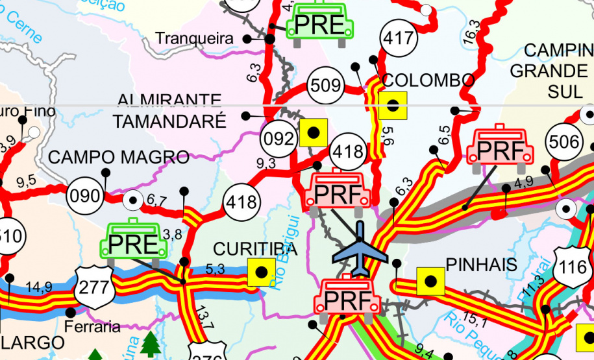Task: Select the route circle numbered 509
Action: tap(325, 86)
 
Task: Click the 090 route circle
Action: tap(84, 195)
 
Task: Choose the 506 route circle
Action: tap(563, 142)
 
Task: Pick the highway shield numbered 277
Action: tap(95, 285)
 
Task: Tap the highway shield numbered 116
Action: tap(573, 267)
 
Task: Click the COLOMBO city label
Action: tap(428, 80)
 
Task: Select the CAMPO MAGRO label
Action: tap(119, 157)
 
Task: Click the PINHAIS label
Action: tap(481, 265)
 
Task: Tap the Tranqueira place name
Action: tap(194, 39)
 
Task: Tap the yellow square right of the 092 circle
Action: tap(313, 132)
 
